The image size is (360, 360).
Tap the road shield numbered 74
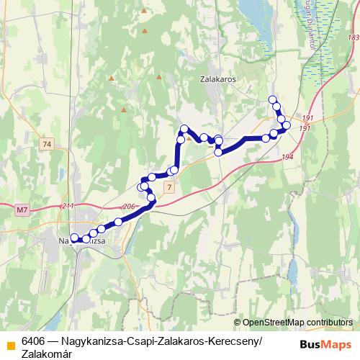[x=48, y=145]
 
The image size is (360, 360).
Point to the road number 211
[x=68, y=207]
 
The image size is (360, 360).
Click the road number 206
[x=129, y=207]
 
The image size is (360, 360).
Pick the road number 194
[x=289, y=157]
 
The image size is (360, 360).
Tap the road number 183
[x=352, y=37]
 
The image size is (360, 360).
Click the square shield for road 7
[x=168, y=187]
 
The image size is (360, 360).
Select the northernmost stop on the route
[x=272, y=99]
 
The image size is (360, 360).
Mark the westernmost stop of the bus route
[x=74, y=237]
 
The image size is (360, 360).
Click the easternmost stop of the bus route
[x=287, y=125]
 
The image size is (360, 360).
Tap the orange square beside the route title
[x=10, y=343]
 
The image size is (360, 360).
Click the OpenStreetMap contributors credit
[x=297, y=323]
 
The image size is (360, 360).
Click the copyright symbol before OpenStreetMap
[x=238, y=323]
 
